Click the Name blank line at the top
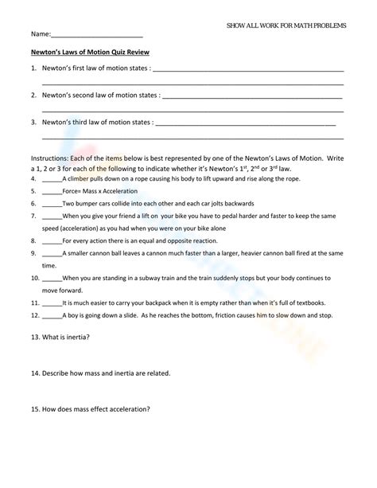point(96,37)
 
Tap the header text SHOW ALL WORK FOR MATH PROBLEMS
point(286,25)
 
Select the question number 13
point(35,337)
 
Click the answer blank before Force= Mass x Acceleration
point(52,192)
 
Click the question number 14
point(35,373)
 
